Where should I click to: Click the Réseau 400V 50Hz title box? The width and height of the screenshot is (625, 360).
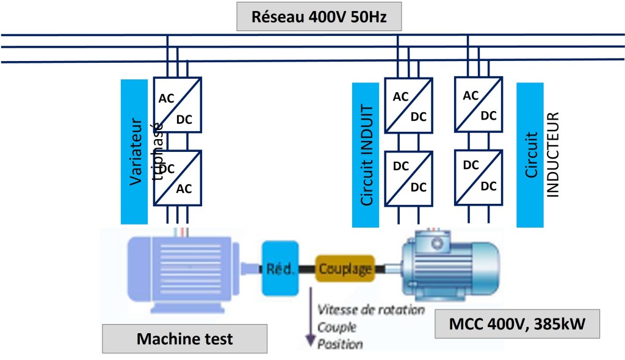(x=319, y=16)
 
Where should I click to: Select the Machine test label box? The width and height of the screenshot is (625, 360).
(x=184, y=339)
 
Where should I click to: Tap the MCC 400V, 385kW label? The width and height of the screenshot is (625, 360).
(x=517, y=325)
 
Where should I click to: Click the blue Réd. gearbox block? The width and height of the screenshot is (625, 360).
(x=281, y=268)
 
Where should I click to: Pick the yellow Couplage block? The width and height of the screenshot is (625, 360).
(x=344, y=268)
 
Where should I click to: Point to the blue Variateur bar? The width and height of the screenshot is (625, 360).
(x=135, y=151)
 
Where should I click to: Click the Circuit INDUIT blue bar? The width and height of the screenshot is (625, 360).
(x=366, y=154)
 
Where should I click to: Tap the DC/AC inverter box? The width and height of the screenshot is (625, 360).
(x=177, y=178)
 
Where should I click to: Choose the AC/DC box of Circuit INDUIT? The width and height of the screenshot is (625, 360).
(x=408, y=104)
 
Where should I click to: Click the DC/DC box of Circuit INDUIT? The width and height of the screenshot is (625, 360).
(x=408, y=177)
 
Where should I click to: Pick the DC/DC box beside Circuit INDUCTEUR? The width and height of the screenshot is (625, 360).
(x=479, y=176)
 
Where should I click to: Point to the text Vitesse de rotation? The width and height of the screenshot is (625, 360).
(x=370, y=310)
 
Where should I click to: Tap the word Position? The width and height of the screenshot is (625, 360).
(x=340, y=344)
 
